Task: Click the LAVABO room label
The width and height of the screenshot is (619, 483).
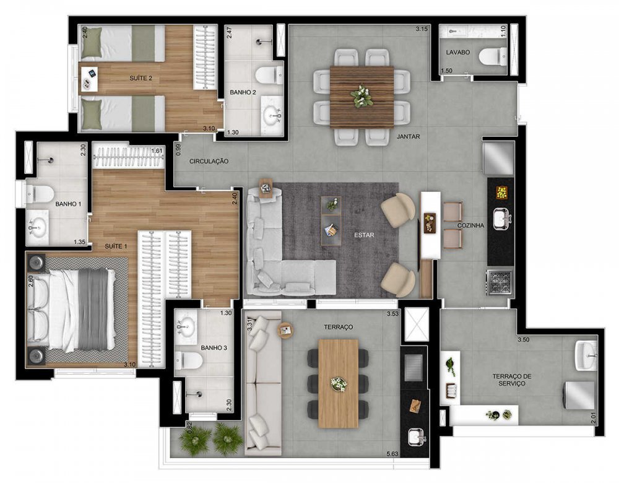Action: click(x=458, y=52)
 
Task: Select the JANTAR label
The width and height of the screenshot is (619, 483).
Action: click(x=408, y=137)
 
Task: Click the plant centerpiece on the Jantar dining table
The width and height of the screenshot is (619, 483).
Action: click(x=361, y=96)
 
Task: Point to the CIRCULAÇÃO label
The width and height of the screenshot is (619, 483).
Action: click(x=209, y=161)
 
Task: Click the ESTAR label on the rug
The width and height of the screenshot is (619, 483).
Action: click(x=364, y=235)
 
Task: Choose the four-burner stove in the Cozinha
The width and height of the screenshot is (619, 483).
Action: click(x=500, y=282)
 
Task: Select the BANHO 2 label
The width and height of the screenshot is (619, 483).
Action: click(x=243, y=92)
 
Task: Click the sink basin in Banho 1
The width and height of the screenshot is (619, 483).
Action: click(x=37, y=227)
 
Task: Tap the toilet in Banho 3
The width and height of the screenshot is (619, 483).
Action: click(x=189, y=360)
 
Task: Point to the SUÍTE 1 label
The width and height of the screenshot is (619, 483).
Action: click(x=116, y=246)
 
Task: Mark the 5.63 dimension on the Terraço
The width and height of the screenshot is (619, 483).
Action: click(x=392, y=454)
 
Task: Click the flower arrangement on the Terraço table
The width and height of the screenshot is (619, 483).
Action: click(x=339, y=383)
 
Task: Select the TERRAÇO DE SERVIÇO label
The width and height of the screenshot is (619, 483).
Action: click(x=508, y=380)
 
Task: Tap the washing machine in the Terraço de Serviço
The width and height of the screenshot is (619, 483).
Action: click(x=580, y=395)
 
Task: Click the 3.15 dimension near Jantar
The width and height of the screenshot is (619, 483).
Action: click(x=421, y=29)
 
